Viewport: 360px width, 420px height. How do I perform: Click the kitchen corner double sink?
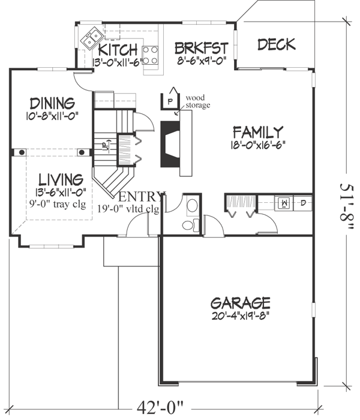[92, 40]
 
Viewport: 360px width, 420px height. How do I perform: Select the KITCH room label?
[118, 49]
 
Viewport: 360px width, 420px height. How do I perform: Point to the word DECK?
[276, 44]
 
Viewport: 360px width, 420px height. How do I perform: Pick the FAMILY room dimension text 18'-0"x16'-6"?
[257, 144]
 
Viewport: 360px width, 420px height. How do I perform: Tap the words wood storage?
[197, 101]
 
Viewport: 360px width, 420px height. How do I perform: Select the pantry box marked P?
[170, 101]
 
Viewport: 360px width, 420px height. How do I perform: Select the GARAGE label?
[240, 302]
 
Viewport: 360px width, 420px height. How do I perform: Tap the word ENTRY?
[142, 197]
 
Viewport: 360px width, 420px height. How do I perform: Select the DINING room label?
[52, 103]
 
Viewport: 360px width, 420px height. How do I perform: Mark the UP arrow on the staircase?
[104, 145]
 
